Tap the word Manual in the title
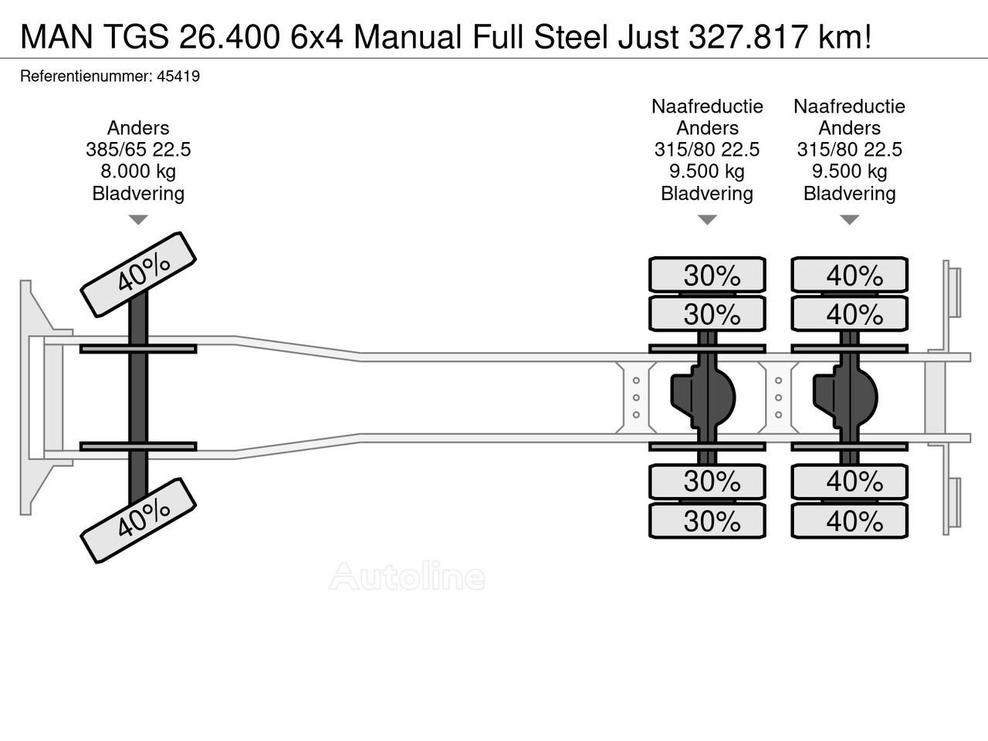point(408,36)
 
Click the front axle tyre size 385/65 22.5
point(138,150)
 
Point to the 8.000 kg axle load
point(138,171)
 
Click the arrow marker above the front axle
point(138,220)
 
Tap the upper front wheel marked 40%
point(138,274)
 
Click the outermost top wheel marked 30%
point(707,276)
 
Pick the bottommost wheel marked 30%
point(707,521)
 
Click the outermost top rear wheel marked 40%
point(850,276)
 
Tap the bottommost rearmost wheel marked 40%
point(850,521)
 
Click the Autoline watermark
point(407,577)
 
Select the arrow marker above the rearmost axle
point(850,220)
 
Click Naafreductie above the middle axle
point(707,107)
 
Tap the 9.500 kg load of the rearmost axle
point(850,171)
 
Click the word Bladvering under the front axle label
point(138,193)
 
